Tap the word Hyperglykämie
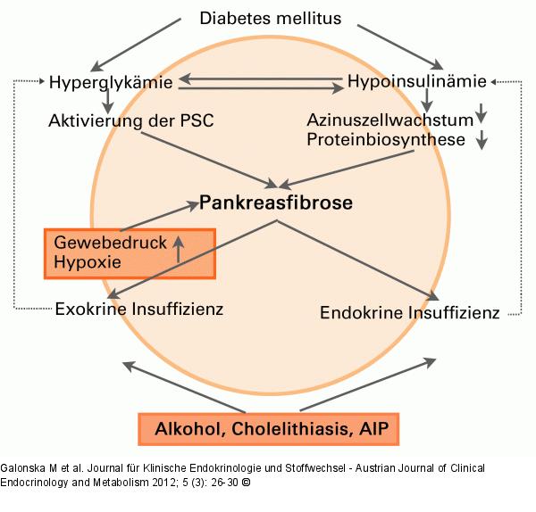tap(113, 81)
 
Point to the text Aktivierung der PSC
tap(131, 120)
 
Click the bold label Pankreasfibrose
tap(276, 202)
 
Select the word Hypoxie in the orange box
tap(87, 262)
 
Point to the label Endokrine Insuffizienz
tap(408, 313)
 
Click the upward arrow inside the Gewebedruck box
tap(179, 248)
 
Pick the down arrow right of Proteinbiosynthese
tap(483, 139)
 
